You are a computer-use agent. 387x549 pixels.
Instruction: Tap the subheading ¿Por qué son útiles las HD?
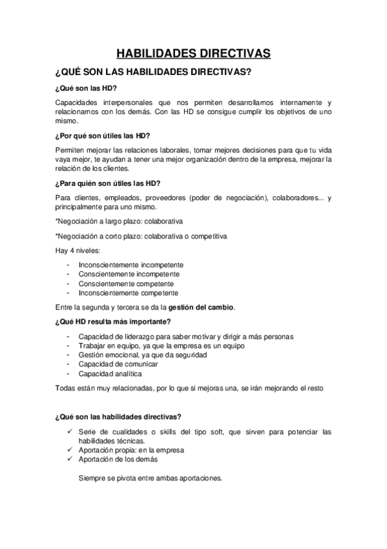click(x=103, y=135)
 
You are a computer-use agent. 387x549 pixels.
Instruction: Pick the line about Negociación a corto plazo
click(x=141, y=236)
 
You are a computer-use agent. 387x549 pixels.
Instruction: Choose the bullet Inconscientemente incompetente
click(x=131, y=265)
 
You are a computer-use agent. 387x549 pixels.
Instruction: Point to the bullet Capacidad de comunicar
click(x=118, y=364)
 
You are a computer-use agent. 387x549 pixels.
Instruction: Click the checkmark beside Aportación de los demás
click(x=69, y=458)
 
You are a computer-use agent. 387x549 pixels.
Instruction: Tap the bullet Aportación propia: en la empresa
click(x=131, y=449)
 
